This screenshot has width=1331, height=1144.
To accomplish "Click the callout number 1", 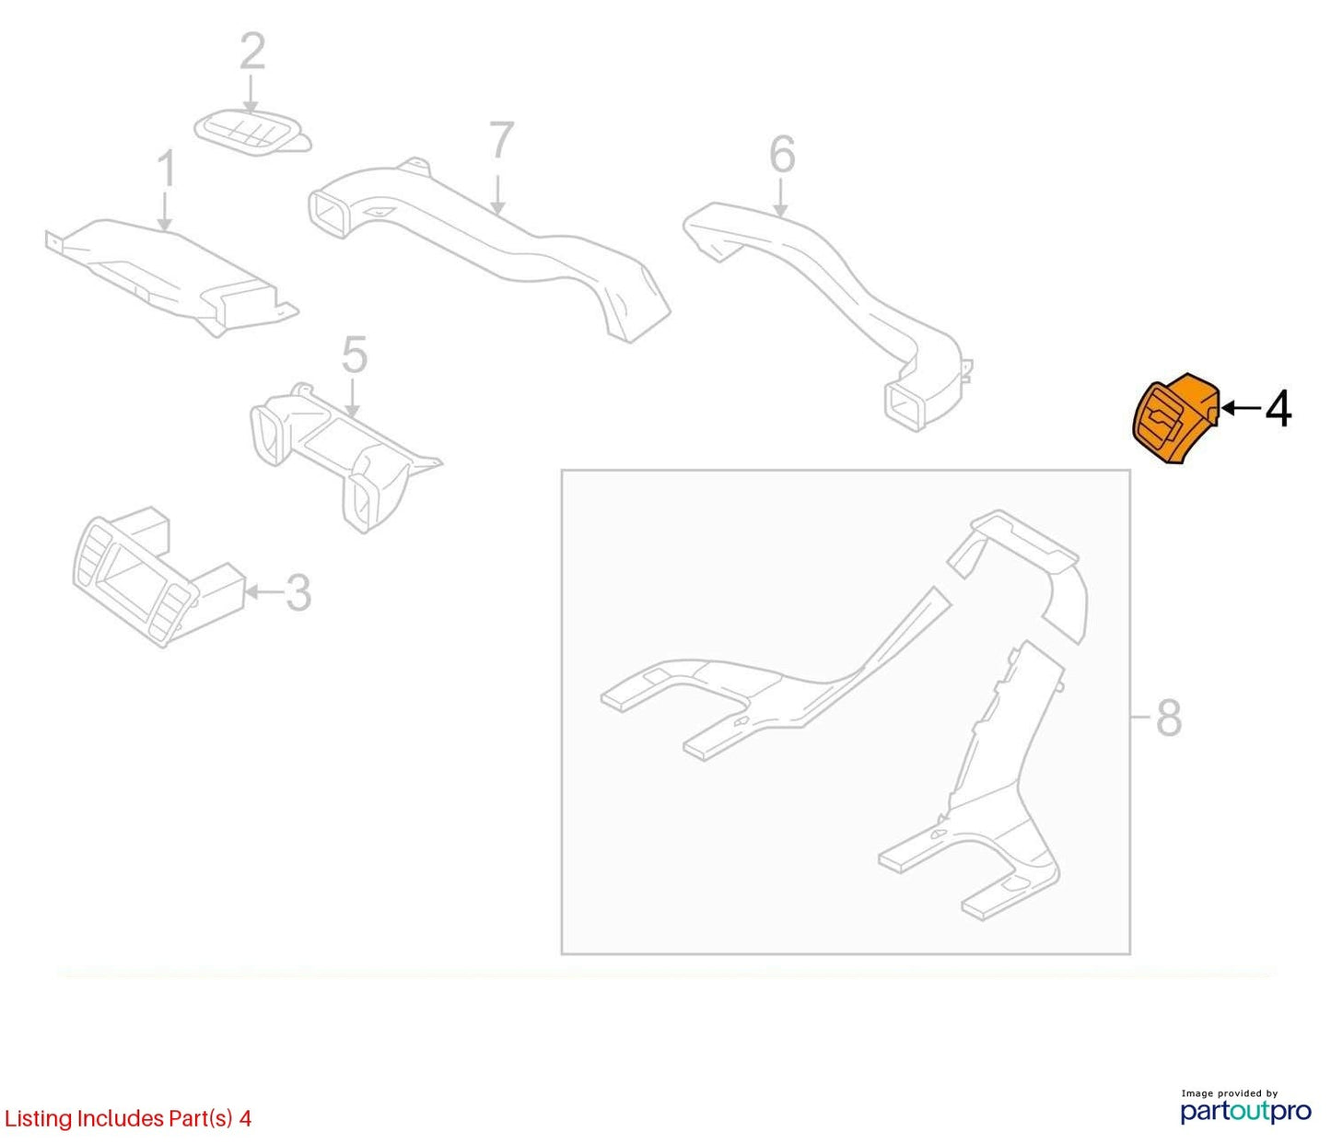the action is tap(167, 169).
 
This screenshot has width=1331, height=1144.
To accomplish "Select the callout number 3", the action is tap(298, 592).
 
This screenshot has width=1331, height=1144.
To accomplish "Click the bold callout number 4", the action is tap(1278, 410).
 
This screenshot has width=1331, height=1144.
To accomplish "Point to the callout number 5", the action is tap(354, 354).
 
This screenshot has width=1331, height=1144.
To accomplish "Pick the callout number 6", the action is tap(782, 155).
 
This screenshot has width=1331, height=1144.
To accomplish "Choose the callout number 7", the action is tap(502, 140).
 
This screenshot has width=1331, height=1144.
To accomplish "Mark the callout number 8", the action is tap(1169, 718).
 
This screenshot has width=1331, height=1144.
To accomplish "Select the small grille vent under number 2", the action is tap(252, 134).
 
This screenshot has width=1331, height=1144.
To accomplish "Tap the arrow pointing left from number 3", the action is tap(264, 591).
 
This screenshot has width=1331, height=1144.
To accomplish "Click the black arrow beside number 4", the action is tap(1241, 408).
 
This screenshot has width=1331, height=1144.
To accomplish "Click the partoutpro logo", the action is tap(1245, 1111).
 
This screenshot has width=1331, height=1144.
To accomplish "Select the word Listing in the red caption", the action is tap(39, 1119).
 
